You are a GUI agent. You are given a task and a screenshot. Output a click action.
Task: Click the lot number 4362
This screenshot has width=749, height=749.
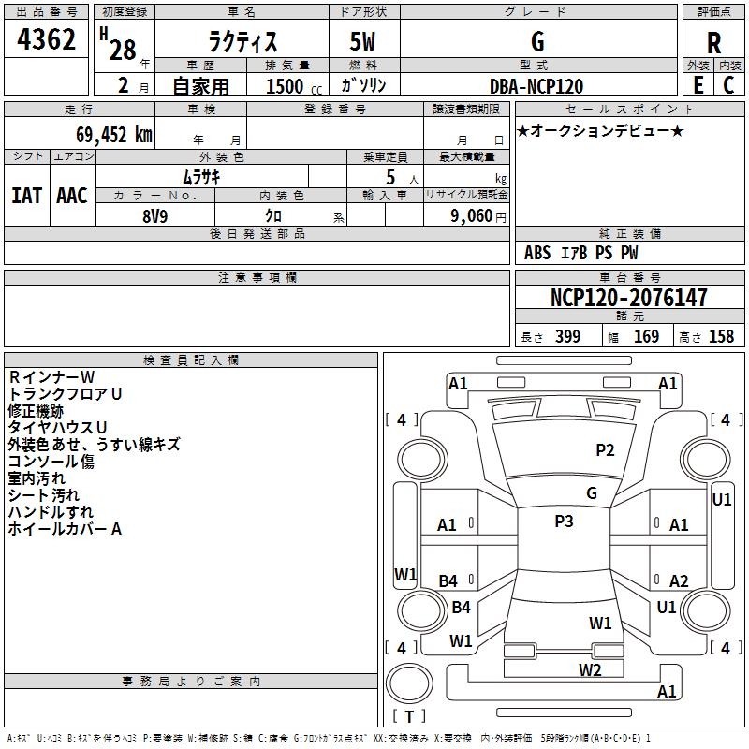click(x=46, y=41)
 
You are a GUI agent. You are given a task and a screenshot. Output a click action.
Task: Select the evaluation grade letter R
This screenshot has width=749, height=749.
click(x=713, y=42)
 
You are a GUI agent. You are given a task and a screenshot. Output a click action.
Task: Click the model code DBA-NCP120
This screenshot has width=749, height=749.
click(x=536, y=86)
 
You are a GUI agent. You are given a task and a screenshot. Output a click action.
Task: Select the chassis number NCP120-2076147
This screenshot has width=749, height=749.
click(x=628, y=298)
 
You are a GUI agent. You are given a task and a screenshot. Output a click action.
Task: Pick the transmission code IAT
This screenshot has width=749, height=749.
click(x=26, y=196)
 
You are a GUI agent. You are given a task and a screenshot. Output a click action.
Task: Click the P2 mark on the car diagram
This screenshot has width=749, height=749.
click(x=606, y=450)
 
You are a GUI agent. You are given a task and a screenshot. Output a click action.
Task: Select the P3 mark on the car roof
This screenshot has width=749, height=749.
click(x=564, y=521)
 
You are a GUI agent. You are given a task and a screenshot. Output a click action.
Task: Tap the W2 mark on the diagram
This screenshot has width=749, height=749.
click(x=589, y=669)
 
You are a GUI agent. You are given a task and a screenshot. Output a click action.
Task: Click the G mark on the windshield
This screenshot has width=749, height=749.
click(x=592, y=492)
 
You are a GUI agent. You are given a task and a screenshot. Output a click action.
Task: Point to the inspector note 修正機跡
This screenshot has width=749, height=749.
click(x=36, y=410)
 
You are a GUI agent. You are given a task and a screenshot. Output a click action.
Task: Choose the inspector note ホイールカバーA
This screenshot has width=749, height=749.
click(x=65, y=529)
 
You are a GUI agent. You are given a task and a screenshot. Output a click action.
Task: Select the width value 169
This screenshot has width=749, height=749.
click(x=646, y=337)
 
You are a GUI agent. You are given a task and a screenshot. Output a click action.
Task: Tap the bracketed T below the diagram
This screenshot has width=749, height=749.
click(x=409, y=716)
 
